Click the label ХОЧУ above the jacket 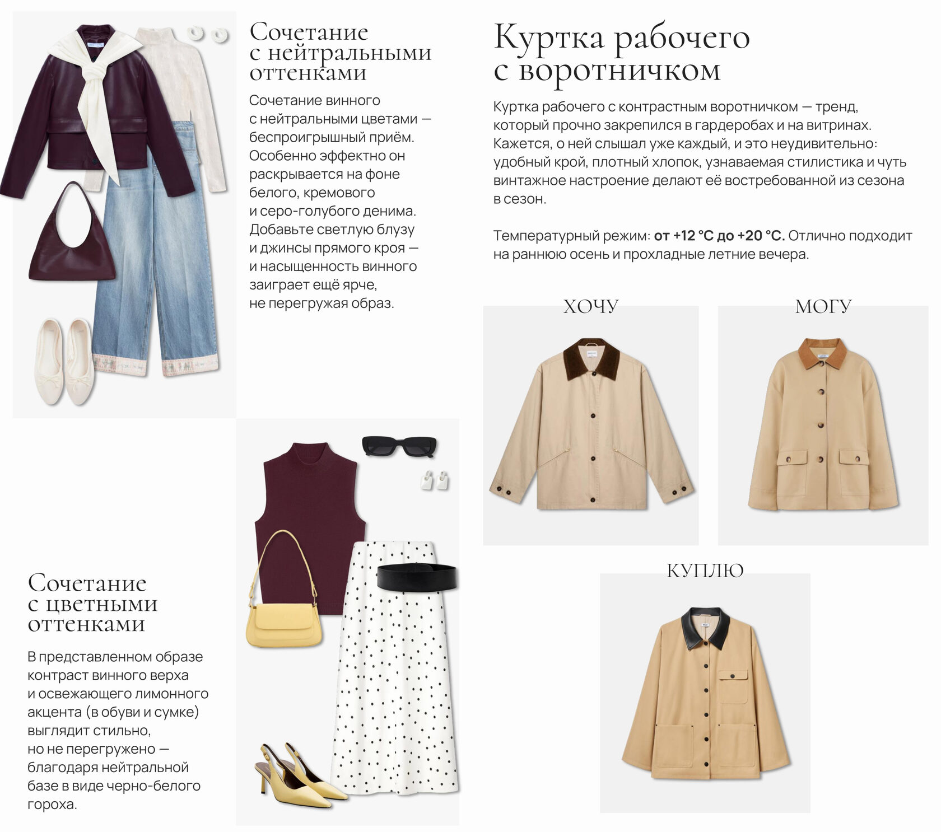pyautogui.click(x=591, y=306)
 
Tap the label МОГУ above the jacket pyautogui.click(x=823, y=306)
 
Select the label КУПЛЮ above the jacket pyautogui.click(x=705, y=571)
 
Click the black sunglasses pyautogui.click(x=399, y=446)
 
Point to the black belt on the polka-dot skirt pyautogui.click(x=417, y=577)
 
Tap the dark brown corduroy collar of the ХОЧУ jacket pyautogui.click(x=591, y=358)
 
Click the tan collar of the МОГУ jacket pyautogui.click(x=823, y=354)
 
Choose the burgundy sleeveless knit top pyautogui.click(x=309, y=521)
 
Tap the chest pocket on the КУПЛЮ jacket pyautogui.click(x=733, y=687)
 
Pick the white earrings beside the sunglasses pyautogui.click(x=435, y=481)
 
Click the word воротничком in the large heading pyautogui.click(x=619, y=72)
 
